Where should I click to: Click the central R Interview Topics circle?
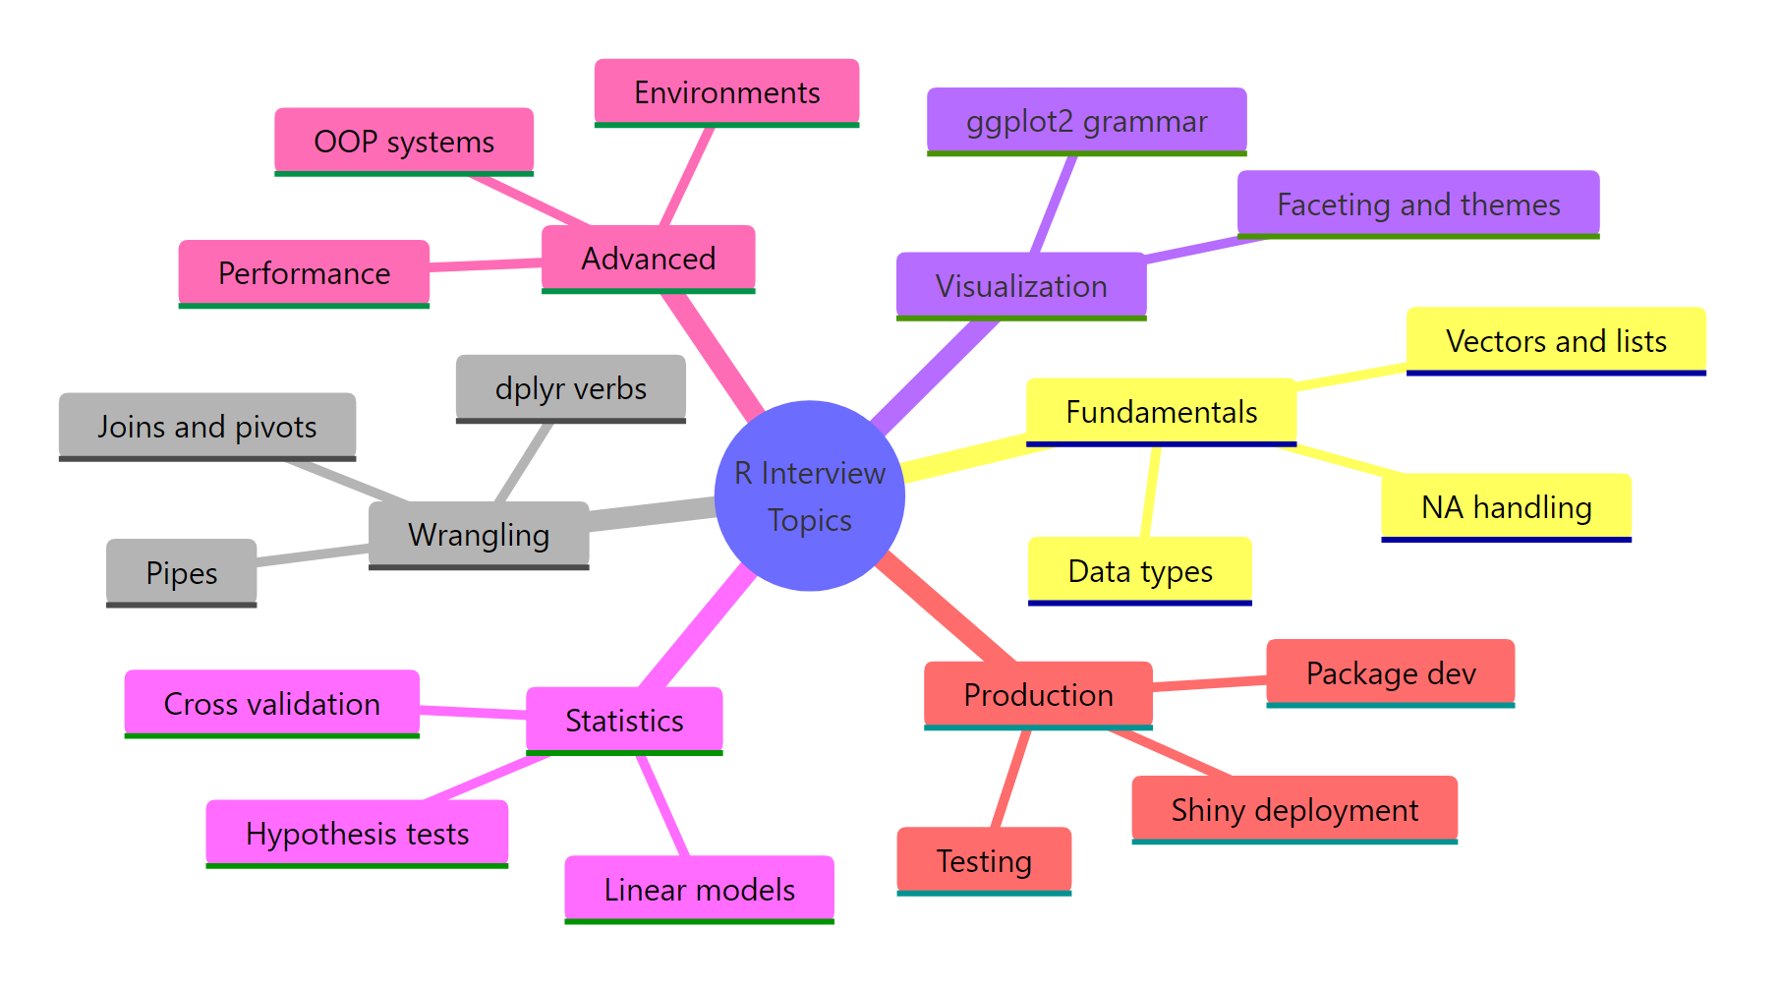(x=809, y=495)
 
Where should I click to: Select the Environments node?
(x=726, y=92)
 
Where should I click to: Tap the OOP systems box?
(x=403, y=142)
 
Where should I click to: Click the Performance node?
(x=304, y=273)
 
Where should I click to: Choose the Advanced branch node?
(x=648, y=259)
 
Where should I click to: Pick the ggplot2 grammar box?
(x=1086, y=121)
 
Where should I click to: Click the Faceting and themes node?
(x=1417, y=204)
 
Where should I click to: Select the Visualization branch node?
(x=1020, y=286)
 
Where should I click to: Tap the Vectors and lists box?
(x=1555, y=341)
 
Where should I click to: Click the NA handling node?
(x=1506, y=507)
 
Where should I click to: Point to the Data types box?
(x=1139, y=571)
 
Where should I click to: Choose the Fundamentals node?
(x=1161, y=412)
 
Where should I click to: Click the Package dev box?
(x=1390, y=673)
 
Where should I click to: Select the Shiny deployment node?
(x=1293, y=810)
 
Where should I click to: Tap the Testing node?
(x=983, y=861)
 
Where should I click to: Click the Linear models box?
(x=699, y=890)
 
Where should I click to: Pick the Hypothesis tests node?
(x=357, y=834)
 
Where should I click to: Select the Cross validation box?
(x=271, y=704)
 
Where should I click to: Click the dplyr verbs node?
(x=570, y=388)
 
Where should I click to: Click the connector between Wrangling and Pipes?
(x=313, y=554)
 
